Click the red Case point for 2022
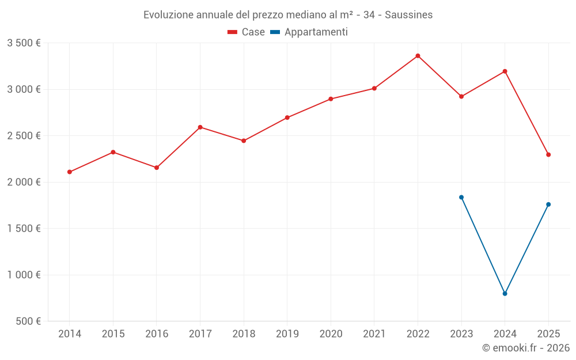418,56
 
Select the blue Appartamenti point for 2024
505,294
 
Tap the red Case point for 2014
70,172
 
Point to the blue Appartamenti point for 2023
461,197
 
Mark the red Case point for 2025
548,154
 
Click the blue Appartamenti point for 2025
548,204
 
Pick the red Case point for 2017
200,127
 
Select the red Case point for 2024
505,71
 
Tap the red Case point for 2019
287,118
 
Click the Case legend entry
247,32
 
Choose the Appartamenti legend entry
309,32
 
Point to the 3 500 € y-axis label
24,43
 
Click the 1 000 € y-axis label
24,275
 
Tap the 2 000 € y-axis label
24,182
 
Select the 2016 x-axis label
157,334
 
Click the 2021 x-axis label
374,334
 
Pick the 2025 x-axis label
548,334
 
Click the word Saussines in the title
408,15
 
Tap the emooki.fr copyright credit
526,348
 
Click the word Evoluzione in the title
168,15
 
